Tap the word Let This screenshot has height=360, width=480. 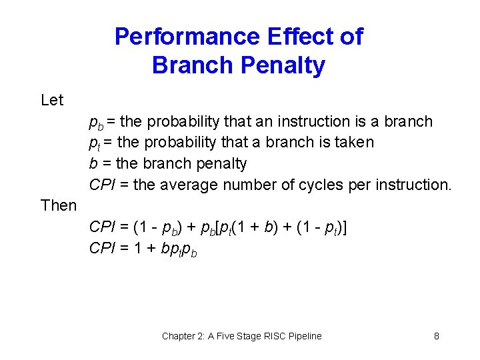pyautogui.click(x=52, y=101)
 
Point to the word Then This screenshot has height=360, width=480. pyautogui.click(x=59, y=205)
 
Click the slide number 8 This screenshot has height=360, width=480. pyautogui.click(x=437, y=336)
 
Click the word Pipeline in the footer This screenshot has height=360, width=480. pyautogui.click(x=303, y=336)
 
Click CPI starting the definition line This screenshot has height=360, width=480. pyautogui.click(x=101, y=185)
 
